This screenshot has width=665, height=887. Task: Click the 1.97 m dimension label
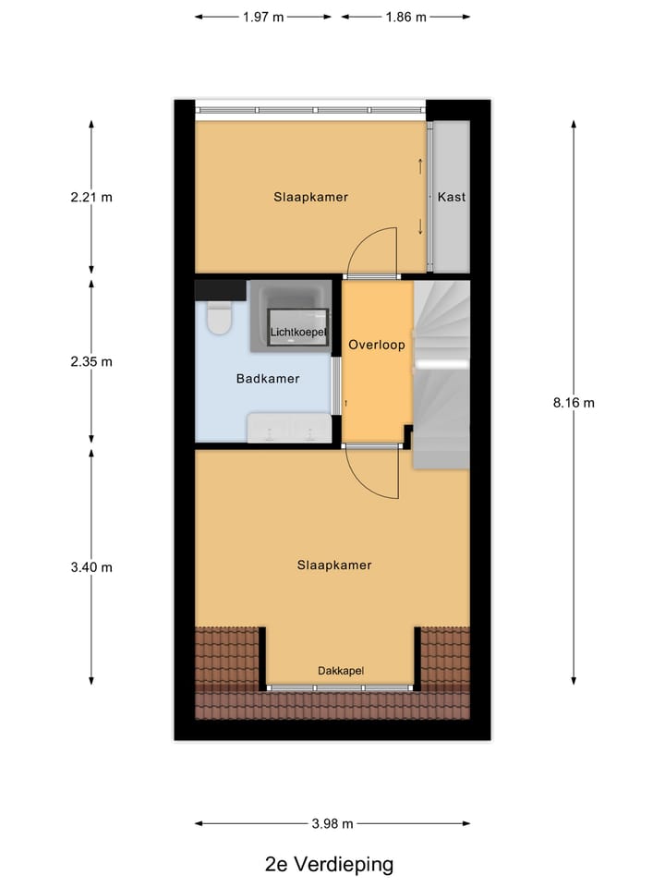click(263, 17)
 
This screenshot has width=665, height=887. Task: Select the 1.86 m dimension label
click(405, 17)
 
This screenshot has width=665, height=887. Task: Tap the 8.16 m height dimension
click(574, 402)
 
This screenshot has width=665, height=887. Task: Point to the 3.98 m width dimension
click(332, 823)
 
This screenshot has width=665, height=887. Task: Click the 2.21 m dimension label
click(91, 197)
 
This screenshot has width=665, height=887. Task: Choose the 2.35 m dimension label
click(91, 361)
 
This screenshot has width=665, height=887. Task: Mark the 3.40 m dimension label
click(91, 567)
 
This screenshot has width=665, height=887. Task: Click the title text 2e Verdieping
click(329, 865)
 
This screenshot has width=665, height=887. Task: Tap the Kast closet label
click(452, 197)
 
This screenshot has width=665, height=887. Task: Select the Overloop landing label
click(377, 345)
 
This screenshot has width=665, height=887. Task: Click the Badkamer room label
click(268, 378)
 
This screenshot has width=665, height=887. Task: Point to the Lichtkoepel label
click(296, 331)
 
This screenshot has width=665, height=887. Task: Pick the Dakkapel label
click(341, 671)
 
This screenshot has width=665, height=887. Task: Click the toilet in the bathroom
click(220, 318)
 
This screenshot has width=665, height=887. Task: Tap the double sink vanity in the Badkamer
click(288, 429)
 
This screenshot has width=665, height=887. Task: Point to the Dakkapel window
click(341, 688)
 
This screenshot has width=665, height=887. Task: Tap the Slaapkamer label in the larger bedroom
click(334, 565)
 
